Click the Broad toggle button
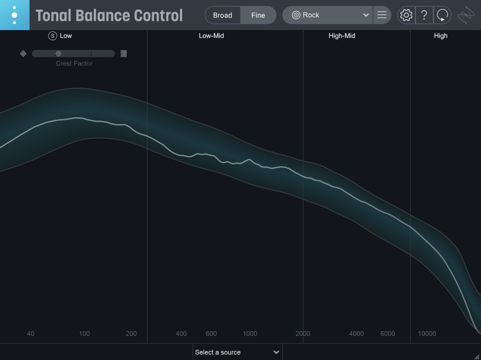(x=223, y=15)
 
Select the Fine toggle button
(x=258, y=15)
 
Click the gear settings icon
(x=406, y=15)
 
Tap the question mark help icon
(x=424, y=15)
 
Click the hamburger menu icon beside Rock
(x=382, y=15)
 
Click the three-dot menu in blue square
(x=15, y=15)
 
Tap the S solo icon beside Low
(x=53, y=36)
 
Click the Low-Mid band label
(x=211, y=36)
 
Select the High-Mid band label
(x=341, y=36)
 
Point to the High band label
(x=441, y=36)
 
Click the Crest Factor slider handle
(x=58, y=54)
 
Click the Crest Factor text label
(x=74, y=63)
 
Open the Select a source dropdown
(x=237, y=352)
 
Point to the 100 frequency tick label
(x=84, y=334)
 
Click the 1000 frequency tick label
(x=250, y=334)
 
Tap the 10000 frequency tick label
(x=427, y=334)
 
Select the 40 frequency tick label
(x=31, y=334)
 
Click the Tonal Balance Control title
(x=109, y=16)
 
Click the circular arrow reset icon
(x=442, y=15)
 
